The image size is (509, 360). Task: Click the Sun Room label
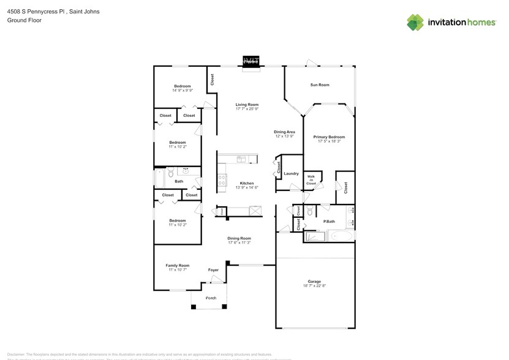click(319, 84)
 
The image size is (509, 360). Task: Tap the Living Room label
click(247, 105)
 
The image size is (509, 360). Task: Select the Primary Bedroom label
click(329, 137)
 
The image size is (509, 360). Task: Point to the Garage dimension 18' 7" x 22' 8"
click(314, 286)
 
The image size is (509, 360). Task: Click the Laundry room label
click(292, 173)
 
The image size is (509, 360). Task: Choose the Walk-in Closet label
click(311, 180)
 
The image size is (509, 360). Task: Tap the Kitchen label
click(247, 183)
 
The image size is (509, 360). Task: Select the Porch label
click(211, 298)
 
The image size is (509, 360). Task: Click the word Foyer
click(213, 270)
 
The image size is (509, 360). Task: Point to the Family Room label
click(178, 265)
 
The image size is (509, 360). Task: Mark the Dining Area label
click(284, 132)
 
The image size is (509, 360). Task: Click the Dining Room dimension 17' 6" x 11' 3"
click(239, 242)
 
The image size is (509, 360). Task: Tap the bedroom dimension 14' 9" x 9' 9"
click(183, 91)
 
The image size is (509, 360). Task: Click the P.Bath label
click(329, 221)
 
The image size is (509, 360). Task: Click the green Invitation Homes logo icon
click(415, 23)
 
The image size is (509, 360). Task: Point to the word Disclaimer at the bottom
click(15, 354)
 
